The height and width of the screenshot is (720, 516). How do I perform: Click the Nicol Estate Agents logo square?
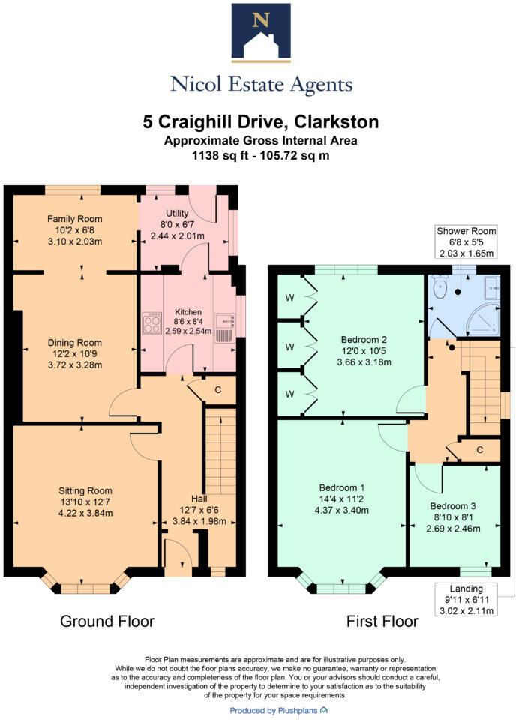tap(260, 31)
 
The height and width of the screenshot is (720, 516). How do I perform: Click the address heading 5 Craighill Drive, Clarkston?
tap(260, 121)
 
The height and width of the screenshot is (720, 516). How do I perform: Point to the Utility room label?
tap(177, 214)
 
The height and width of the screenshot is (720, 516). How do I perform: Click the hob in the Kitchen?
tap(151, 325)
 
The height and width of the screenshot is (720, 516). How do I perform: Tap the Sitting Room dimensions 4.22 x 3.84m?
tap(85, 514)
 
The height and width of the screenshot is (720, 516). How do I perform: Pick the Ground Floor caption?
tap(107, 622)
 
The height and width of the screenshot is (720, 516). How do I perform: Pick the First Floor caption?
tap(382, 622)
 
